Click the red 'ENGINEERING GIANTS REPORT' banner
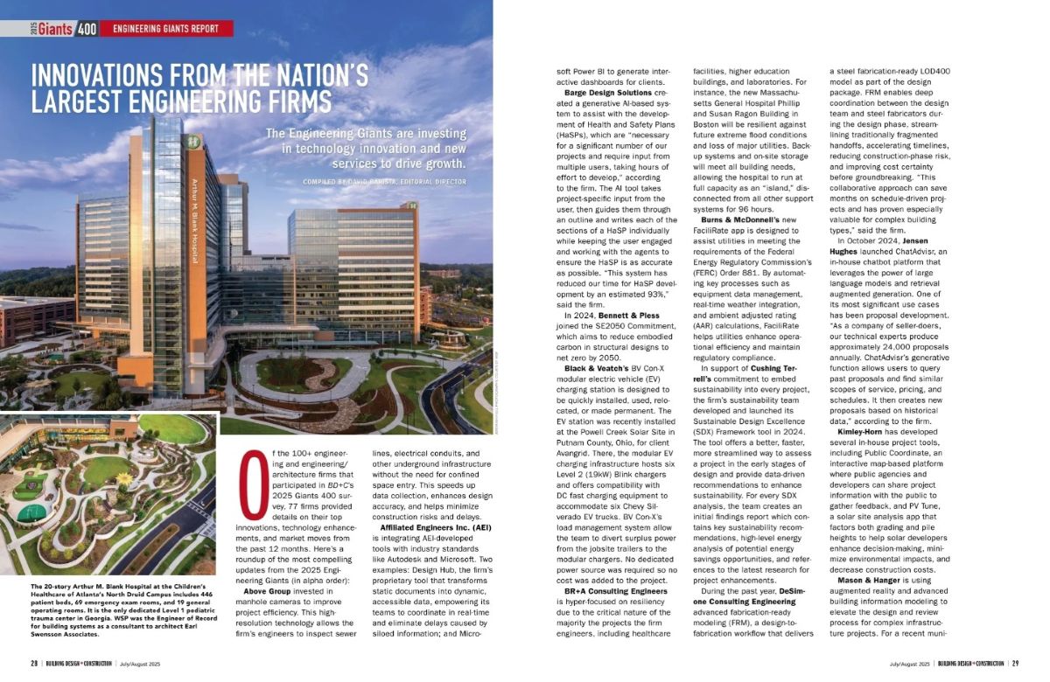pyautogui.click(x=165, y=28)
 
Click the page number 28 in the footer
pyautogui.click(x=34, y=663)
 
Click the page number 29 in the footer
pyautogui.click(x=1015, y=663)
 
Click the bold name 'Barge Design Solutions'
pyautogui.click(x=608, y=92)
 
